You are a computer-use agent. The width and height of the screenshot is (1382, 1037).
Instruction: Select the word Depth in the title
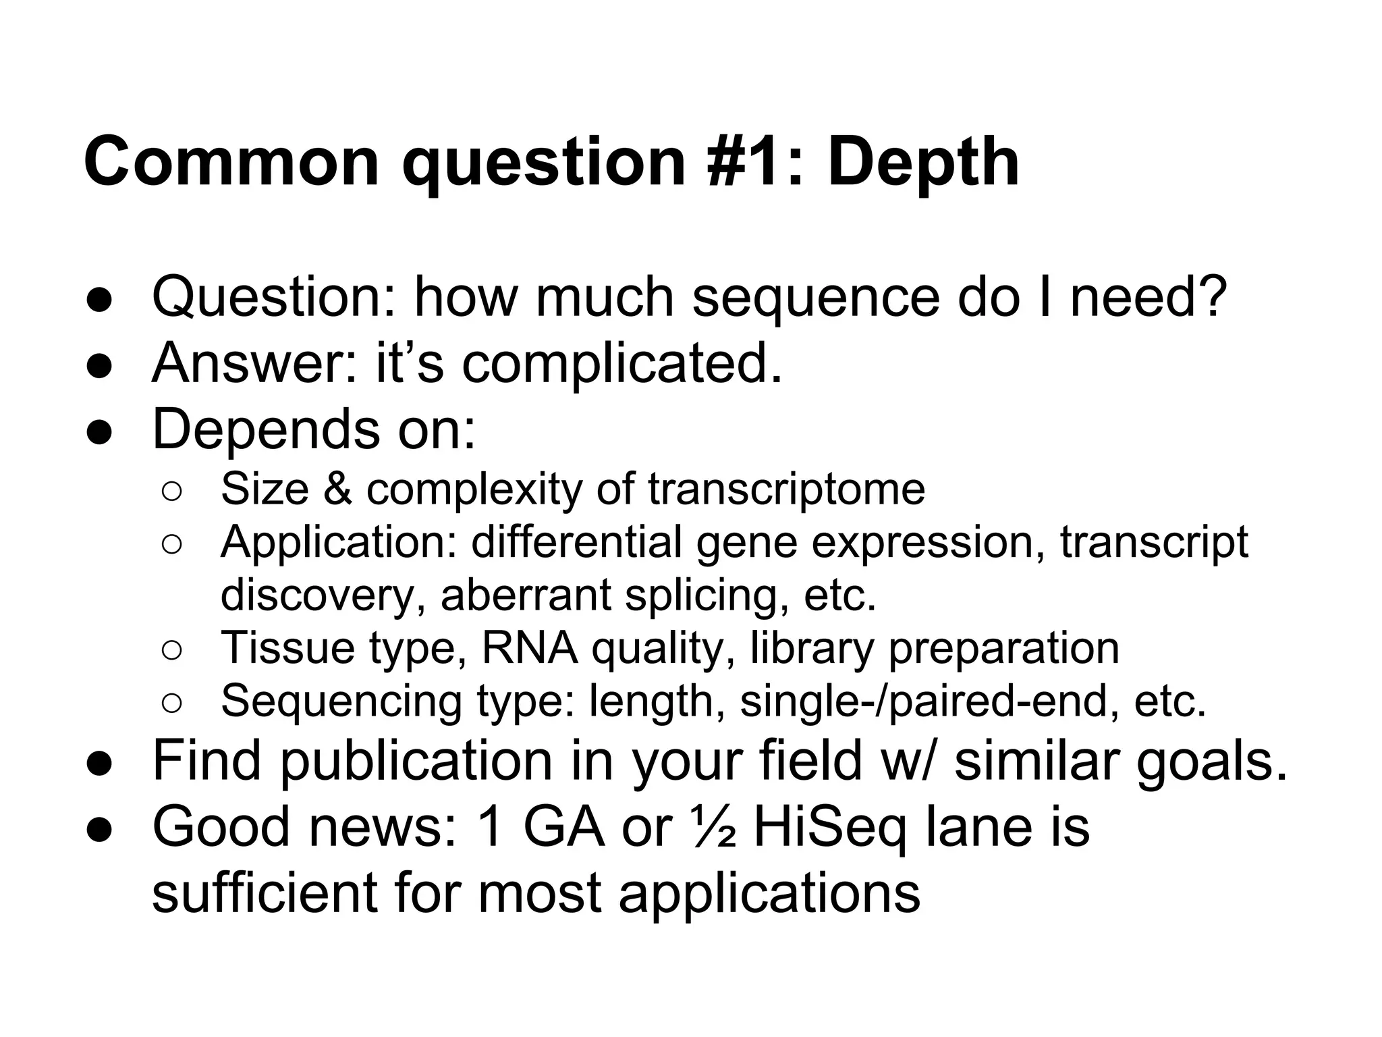point(922,162)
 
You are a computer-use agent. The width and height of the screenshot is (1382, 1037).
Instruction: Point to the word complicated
point(621,363)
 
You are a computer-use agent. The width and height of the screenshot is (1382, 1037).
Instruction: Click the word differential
point(576,541)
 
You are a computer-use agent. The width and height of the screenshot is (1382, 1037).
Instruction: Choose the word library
point(812,647)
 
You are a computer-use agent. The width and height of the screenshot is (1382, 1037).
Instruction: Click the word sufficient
point(265,893)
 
